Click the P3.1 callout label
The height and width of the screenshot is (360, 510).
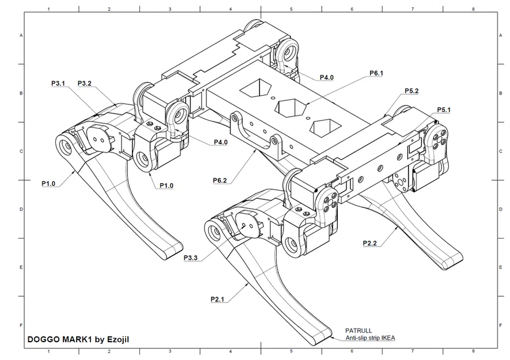(x=58, y=84)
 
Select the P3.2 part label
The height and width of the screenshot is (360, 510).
(x=85, y=84)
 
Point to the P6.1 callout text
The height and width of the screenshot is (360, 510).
(x=376, y=73)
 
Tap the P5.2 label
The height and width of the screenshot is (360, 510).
(x=411, y=91)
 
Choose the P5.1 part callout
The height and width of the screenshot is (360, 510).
(x=444, y=109)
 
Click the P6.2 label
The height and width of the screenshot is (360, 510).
(x=220, y=180)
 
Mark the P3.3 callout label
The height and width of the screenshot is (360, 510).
(x=191, y=257)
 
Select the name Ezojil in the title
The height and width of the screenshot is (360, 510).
(x=116, y=339)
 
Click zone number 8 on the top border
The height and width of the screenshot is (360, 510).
(x=473, y=9)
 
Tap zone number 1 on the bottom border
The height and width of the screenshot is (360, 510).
(x=48, y=351)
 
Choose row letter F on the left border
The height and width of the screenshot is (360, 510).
(x=22, y=325)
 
